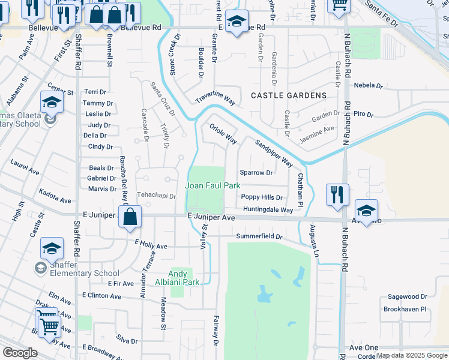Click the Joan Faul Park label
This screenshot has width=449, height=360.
click(212, 186)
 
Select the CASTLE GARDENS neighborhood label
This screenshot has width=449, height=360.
click(288, 95)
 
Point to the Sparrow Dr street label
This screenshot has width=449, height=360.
click(256, 173)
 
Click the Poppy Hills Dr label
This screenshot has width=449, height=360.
click(262, 197)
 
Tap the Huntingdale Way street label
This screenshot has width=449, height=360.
click(268, 209)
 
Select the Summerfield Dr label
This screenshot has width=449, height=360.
click(259, 236)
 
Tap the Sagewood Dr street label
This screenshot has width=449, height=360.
click(407, 296)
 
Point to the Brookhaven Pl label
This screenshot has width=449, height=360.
click(405, 309)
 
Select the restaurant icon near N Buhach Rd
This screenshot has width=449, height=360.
click(337, 194)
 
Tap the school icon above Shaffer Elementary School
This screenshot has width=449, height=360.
click(52, 248)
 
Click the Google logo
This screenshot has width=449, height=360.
click(20, 353)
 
